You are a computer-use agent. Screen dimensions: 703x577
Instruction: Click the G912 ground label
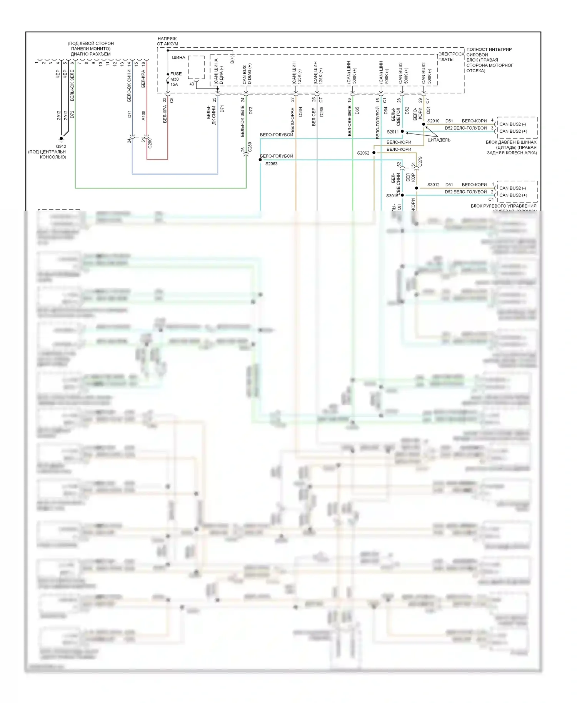click(x=61, y=147)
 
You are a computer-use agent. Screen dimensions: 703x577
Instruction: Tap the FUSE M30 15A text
click(x=175, y=79)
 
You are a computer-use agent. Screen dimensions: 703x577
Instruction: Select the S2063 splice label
click(x=271, y=164)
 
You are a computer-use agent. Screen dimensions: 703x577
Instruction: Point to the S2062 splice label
click(x=363, y=153)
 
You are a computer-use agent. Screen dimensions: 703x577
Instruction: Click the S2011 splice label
click(x=393, y=132)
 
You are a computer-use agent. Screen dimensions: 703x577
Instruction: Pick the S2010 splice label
click(x=433, y=121)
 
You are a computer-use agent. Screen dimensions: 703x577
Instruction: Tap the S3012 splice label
click(x=433, y=185)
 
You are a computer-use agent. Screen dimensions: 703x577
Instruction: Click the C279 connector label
click(x=420, y=161)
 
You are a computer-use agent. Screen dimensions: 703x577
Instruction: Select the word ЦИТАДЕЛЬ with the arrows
click(x=439, y=140)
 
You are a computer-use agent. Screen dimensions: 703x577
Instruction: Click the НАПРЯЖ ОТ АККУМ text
click(x=167, y=42)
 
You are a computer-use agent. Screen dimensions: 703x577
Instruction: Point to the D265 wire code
click(x=322, y=112)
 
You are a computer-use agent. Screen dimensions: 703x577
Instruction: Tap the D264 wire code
click(x=300, y=112)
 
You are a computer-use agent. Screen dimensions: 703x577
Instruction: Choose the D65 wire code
click(x=357, y=111)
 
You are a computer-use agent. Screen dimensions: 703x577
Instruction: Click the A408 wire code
click(x=143, y=115)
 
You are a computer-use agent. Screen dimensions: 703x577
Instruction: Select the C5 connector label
click(x=172, y=100)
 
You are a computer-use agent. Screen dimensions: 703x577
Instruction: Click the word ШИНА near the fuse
click(x=178, y=58)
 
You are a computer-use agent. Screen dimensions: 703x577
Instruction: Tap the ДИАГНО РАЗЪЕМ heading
click(x=90, y=54)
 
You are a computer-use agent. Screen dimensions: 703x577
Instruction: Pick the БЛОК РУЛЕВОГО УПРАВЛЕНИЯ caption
click(x=504, y=206)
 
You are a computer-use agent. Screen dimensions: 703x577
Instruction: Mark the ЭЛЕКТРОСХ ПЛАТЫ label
click(x=450, y=57)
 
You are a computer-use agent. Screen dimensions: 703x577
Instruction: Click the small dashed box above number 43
click(x=196, y=67)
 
